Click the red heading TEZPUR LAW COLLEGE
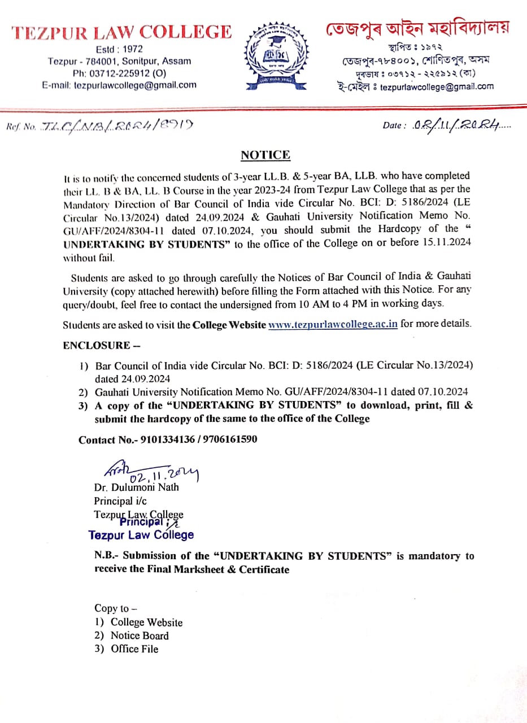point(121,32)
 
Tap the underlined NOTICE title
point(265,155)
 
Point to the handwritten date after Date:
point(459,125)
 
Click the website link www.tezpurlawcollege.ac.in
point(333,325)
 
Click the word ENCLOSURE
point(93,346)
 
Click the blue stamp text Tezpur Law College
point(141,535)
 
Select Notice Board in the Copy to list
point(140,635)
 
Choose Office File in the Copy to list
point(134,649)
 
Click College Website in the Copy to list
point(146,622)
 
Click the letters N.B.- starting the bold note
point(106,556)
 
